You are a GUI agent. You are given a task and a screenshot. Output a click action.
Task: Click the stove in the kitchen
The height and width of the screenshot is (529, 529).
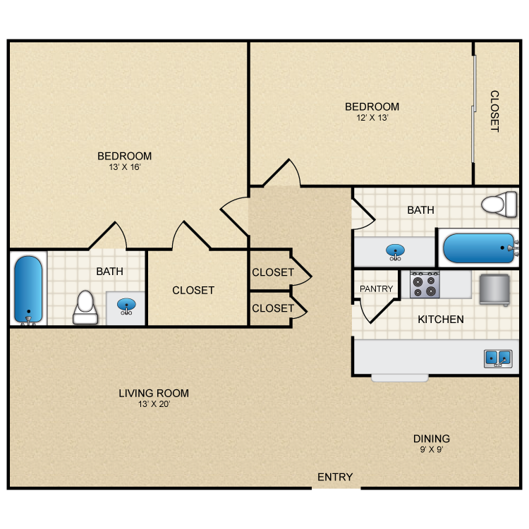pyautogui.click(x=425, y=284)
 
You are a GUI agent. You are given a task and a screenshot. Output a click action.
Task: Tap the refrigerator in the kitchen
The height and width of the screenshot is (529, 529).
pyautogui.click(x=494, y=290)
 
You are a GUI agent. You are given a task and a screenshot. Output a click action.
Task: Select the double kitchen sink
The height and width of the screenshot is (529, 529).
pyautogui.click(x=498, y=358)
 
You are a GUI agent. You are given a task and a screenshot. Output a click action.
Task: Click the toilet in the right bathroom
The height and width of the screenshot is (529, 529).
pyautogui.click(x=499, y=205)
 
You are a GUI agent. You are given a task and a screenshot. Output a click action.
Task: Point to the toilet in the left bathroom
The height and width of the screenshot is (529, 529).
pyautogui.click(x=85, y=308)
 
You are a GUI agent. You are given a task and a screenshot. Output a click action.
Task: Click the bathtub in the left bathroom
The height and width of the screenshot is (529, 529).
pyautogui.click(x=28, y=290)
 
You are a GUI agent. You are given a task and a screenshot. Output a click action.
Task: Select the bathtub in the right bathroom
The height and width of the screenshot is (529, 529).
pyautogui.click(x=480, y=248)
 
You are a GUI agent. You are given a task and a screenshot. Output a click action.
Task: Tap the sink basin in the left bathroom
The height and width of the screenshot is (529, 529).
pyautogui.click(x=126, y=305)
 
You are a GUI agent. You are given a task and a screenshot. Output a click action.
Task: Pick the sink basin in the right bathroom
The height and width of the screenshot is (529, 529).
pyautogui.click(x=395, y=252)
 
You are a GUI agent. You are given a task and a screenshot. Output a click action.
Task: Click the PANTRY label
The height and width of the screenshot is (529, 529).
pyautogui.click(x=376, y=288)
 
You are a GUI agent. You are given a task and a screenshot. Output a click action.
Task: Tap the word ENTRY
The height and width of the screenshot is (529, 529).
pyautogui.click(x=335, y=477)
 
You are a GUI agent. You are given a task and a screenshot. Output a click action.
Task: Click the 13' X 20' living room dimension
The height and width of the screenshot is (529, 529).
pyautogui.click(x=154, y=404)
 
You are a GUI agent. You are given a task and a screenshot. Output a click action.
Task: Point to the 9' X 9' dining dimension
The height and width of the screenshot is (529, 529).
pyautogui.click(x=432, y=449)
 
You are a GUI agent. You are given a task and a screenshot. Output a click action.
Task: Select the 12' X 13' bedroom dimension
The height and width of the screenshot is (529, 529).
pyautogui.click(x=372, y=117)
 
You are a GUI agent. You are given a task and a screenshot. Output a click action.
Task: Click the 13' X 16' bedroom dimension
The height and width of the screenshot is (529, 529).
pyautogui.click(x=124, y=167)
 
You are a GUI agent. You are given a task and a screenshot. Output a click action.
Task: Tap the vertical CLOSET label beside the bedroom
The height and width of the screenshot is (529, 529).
pyautogui.click(x=494, y=111)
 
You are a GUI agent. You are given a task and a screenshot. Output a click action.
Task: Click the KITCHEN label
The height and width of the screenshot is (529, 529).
pyautogui.click(x=441, y=319)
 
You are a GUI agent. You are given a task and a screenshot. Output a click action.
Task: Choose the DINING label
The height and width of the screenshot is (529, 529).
pyautogui.click(x=432, y=439)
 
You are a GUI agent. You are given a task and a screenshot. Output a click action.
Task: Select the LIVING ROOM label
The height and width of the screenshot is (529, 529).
pyautogui.click(x=154, y=393)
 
